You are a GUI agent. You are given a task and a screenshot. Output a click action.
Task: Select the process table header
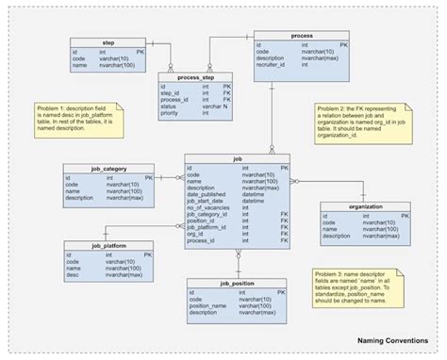(294, 34)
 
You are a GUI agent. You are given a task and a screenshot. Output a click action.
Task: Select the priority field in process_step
(171, 113)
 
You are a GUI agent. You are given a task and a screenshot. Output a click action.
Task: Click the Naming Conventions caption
(393, 341)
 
